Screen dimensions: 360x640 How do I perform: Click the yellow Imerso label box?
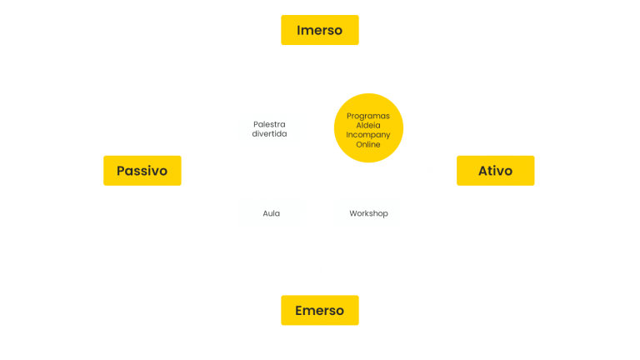click(x=319, y=30)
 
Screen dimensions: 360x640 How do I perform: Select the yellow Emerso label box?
click(x=319, y=310)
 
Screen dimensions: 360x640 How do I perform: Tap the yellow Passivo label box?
click(x=142, y=170)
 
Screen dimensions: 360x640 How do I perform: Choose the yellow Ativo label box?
click(x=495, y=170)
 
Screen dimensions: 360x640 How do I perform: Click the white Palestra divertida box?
click(x=269, y=128)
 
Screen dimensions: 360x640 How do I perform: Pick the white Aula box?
click(x=271, y=213)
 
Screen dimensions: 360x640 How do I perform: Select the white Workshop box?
click(x=368, y=213)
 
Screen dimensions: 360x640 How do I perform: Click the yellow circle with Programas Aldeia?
click(x=368, y=128)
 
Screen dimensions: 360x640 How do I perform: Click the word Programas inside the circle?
click(x=368, y=115)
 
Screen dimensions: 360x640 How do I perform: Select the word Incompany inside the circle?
click(x=368, y=134)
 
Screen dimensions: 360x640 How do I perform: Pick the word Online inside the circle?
click(x=368, y=144)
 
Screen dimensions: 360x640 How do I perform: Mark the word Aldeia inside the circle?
click(x=368, y=125)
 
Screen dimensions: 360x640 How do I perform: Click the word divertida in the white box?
click(x=269, y=133)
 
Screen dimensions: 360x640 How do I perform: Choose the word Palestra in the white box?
click(x=269, y=123)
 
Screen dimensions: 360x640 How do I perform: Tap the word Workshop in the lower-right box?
click(x=368, y=213)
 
